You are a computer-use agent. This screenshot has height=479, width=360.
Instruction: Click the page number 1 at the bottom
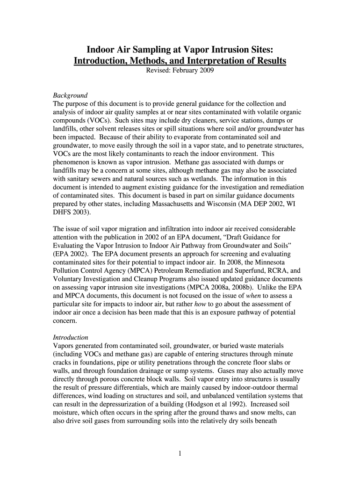[x=180, y=453]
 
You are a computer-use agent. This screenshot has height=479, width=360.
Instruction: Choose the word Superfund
[x=239, y=270]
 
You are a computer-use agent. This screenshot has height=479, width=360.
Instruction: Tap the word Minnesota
[x=276, y=262]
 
